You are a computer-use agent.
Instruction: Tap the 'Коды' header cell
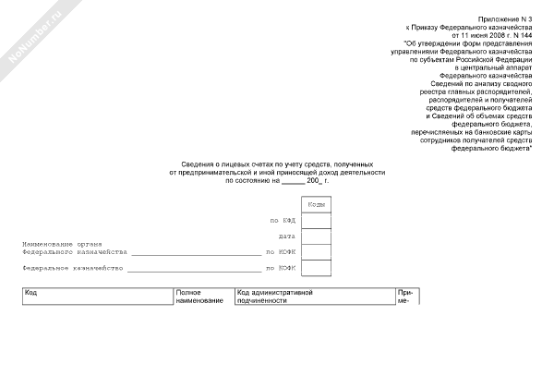point(316,203)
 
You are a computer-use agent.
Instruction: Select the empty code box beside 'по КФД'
point(316,220)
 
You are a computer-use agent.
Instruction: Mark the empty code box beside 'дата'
point(316,236)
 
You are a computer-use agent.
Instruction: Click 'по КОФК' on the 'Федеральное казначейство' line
point(280,268)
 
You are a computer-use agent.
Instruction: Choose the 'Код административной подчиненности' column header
point(276,297)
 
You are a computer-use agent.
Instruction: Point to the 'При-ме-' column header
point(403,297)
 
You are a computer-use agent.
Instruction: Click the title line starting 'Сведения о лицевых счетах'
point(277,164)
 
